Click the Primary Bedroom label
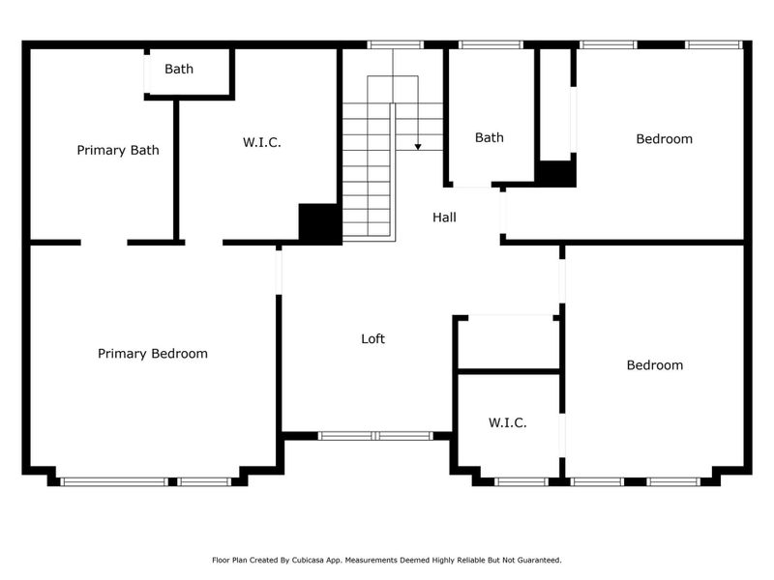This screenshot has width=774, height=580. coord(152,354)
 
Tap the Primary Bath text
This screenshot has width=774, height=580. coord(118,151)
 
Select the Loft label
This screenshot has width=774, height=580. coord(372,339)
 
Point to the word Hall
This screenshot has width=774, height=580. coord(444,217)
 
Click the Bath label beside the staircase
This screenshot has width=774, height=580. coord(489,138)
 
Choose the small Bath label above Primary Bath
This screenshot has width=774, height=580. coord(179,69)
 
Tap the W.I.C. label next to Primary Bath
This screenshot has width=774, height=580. coord(261,143)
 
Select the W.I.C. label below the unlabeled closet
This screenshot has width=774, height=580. coord(507,422)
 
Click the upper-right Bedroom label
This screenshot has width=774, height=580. coord(664,139)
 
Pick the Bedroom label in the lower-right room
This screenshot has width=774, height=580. coord(654,365)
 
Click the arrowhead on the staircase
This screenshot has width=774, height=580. coord(418,147)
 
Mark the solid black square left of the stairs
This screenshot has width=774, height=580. coord(317,223)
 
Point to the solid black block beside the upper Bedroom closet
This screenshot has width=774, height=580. coord(556,174)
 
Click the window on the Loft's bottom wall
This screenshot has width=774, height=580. coord(375,436)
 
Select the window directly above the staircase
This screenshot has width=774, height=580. coord(395,44)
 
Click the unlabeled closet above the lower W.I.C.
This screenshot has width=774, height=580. coord(507,343)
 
